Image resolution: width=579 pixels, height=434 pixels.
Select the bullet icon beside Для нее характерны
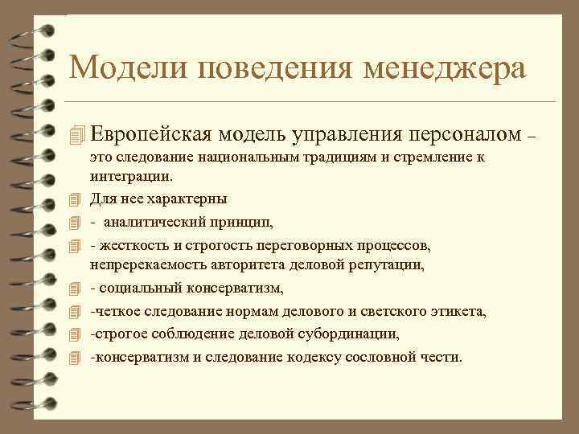(76, 199)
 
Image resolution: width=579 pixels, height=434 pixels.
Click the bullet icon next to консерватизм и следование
(76, 356)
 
